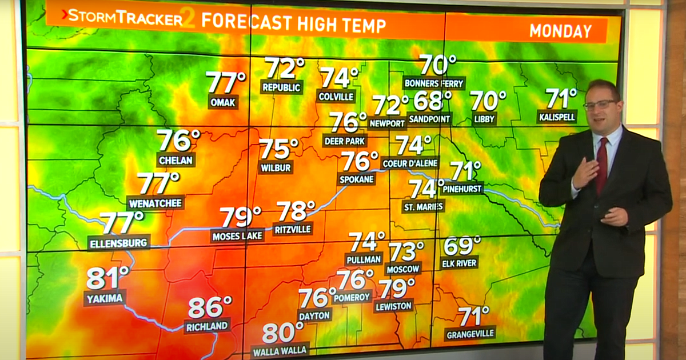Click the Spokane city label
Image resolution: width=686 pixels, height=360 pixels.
click(357, 179)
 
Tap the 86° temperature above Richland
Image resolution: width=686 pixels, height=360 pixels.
click(210, 307)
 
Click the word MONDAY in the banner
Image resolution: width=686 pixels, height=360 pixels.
click(560, 31)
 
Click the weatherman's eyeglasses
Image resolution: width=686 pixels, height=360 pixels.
click(600, 105)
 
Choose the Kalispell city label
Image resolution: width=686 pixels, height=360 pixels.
click(557, 117)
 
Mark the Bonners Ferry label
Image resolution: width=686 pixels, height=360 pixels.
click(434, 83)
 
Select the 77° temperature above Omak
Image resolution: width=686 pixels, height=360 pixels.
click(226, 82)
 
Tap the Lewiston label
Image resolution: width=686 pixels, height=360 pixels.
click(394, 306)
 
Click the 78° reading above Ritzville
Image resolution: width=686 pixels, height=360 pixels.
click(296, 211)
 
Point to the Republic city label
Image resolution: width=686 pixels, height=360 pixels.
click(281, 87)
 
